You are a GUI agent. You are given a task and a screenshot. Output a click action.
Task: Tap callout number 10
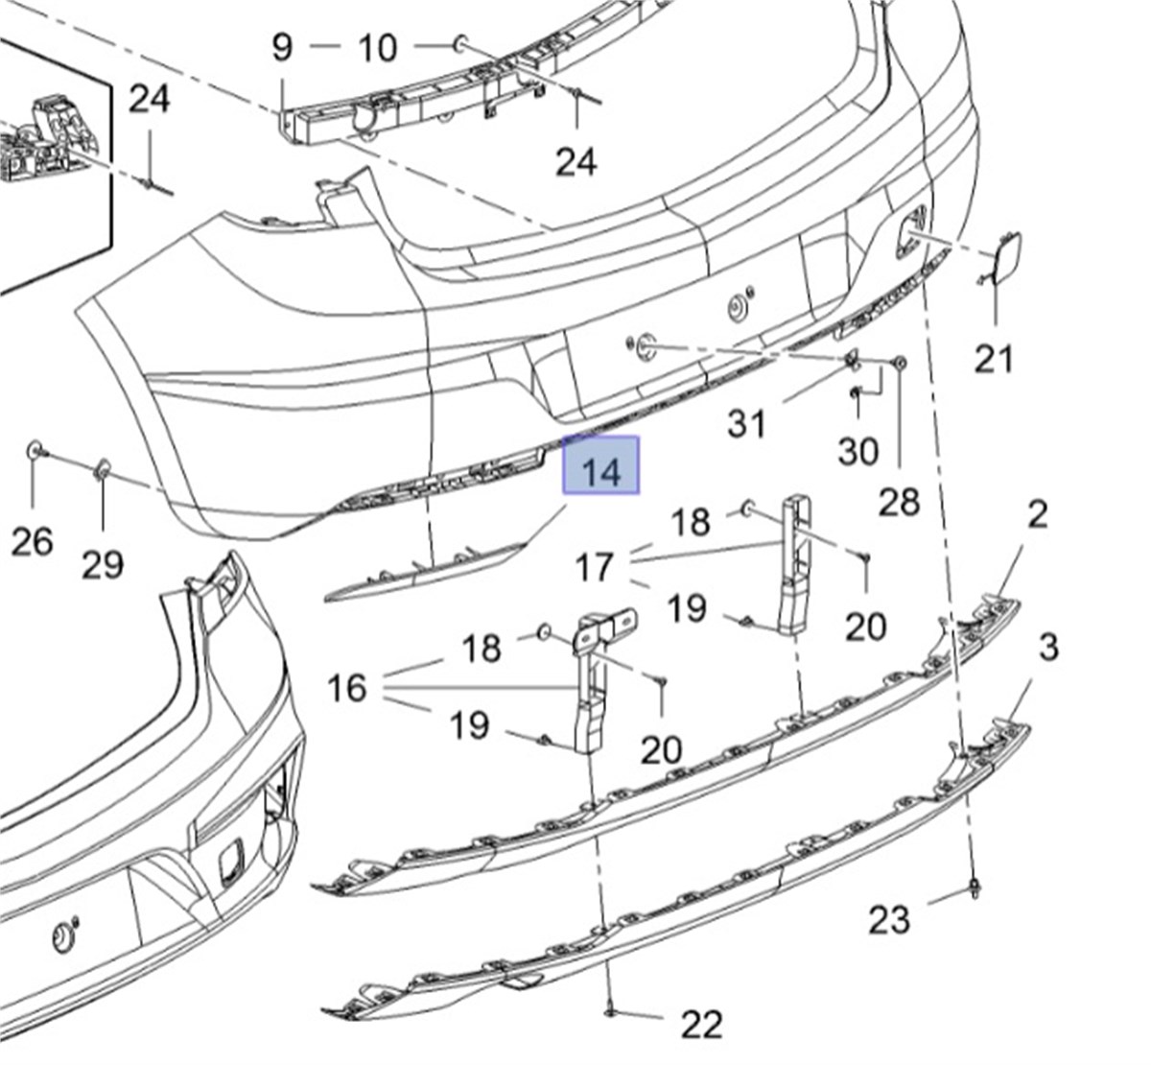coord(377,46)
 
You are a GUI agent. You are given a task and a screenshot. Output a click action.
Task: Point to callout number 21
coord(994,359)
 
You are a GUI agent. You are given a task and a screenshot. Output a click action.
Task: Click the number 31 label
coord(748,422)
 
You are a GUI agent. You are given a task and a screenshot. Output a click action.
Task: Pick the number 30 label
coord(857,451)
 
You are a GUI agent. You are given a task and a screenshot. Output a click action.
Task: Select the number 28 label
coord(899,501)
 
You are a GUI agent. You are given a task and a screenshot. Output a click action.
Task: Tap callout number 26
coord(32,541)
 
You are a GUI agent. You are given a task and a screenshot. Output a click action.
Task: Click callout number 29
coord(103,564)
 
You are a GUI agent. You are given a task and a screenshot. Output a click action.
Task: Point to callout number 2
coord(1037,515)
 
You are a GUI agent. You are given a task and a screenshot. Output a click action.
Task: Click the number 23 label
coord(889,920)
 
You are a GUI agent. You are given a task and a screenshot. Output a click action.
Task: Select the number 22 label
coord(700,1025)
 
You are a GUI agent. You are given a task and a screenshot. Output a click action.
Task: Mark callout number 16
coord(347,687)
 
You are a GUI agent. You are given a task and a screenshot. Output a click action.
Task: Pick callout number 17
coord(595,567)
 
